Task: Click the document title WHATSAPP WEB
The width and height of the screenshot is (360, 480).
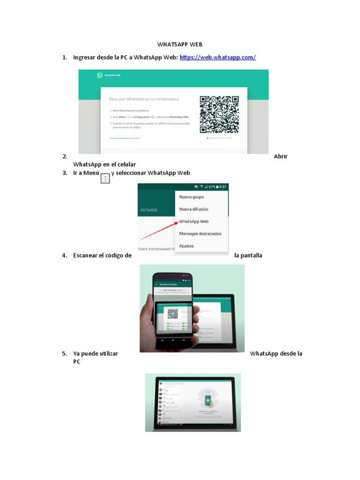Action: (180, 44)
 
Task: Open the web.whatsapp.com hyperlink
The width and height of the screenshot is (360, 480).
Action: (217, 57)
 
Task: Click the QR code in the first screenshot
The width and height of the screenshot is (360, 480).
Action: (219, 114)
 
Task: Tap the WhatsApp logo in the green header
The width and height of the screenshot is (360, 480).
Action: (100, 75)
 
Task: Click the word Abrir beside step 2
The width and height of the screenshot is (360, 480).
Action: (280, 157)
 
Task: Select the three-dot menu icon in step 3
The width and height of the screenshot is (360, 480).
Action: (105, 178)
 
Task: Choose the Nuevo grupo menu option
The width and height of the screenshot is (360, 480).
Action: (191, 197)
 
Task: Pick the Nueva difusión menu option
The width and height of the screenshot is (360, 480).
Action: (194, 209)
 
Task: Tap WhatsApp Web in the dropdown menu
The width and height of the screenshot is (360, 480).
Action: (194, 221)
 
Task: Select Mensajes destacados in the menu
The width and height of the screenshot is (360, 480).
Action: (200, 233)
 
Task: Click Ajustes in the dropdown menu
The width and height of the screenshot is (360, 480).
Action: (187, 246)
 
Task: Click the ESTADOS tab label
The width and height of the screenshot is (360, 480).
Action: (149, 210)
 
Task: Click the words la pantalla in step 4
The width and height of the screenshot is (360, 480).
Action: (248, 255)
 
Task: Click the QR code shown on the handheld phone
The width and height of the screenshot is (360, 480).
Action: (173, 314)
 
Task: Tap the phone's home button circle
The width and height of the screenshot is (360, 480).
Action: (172, 339)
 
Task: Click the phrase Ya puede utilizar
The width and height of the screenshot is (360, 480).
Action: (95, 353)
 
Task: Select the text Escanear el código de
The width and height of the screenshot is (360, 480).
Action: (102, 255)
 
